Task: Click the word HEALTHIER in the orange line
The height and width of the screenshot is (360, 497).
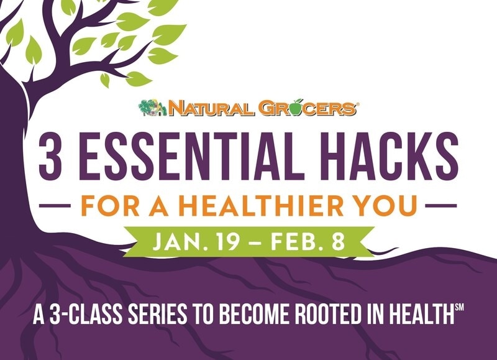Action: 257,205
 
